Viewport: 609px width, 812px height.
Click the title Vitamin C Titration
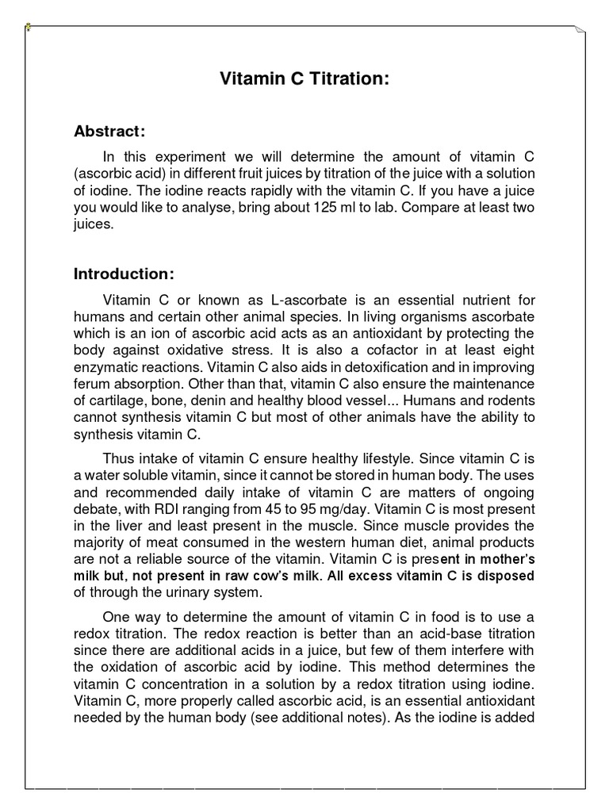(x=304, y=79)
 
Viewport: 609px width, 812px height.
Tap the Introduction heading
(x=124, y=274)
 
